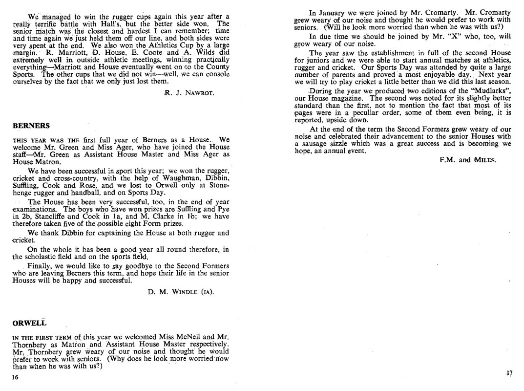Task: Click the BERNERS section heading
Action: pyautogui.click(x=28, y=126)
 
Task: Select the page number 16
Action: pyautogui.click(x=15, y=377)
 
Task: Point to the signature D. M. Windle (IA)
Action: pyautogui.click(x=180, y=292)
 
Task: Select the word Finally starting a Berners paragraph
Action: pyautogui.click(x=41, y=265)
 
